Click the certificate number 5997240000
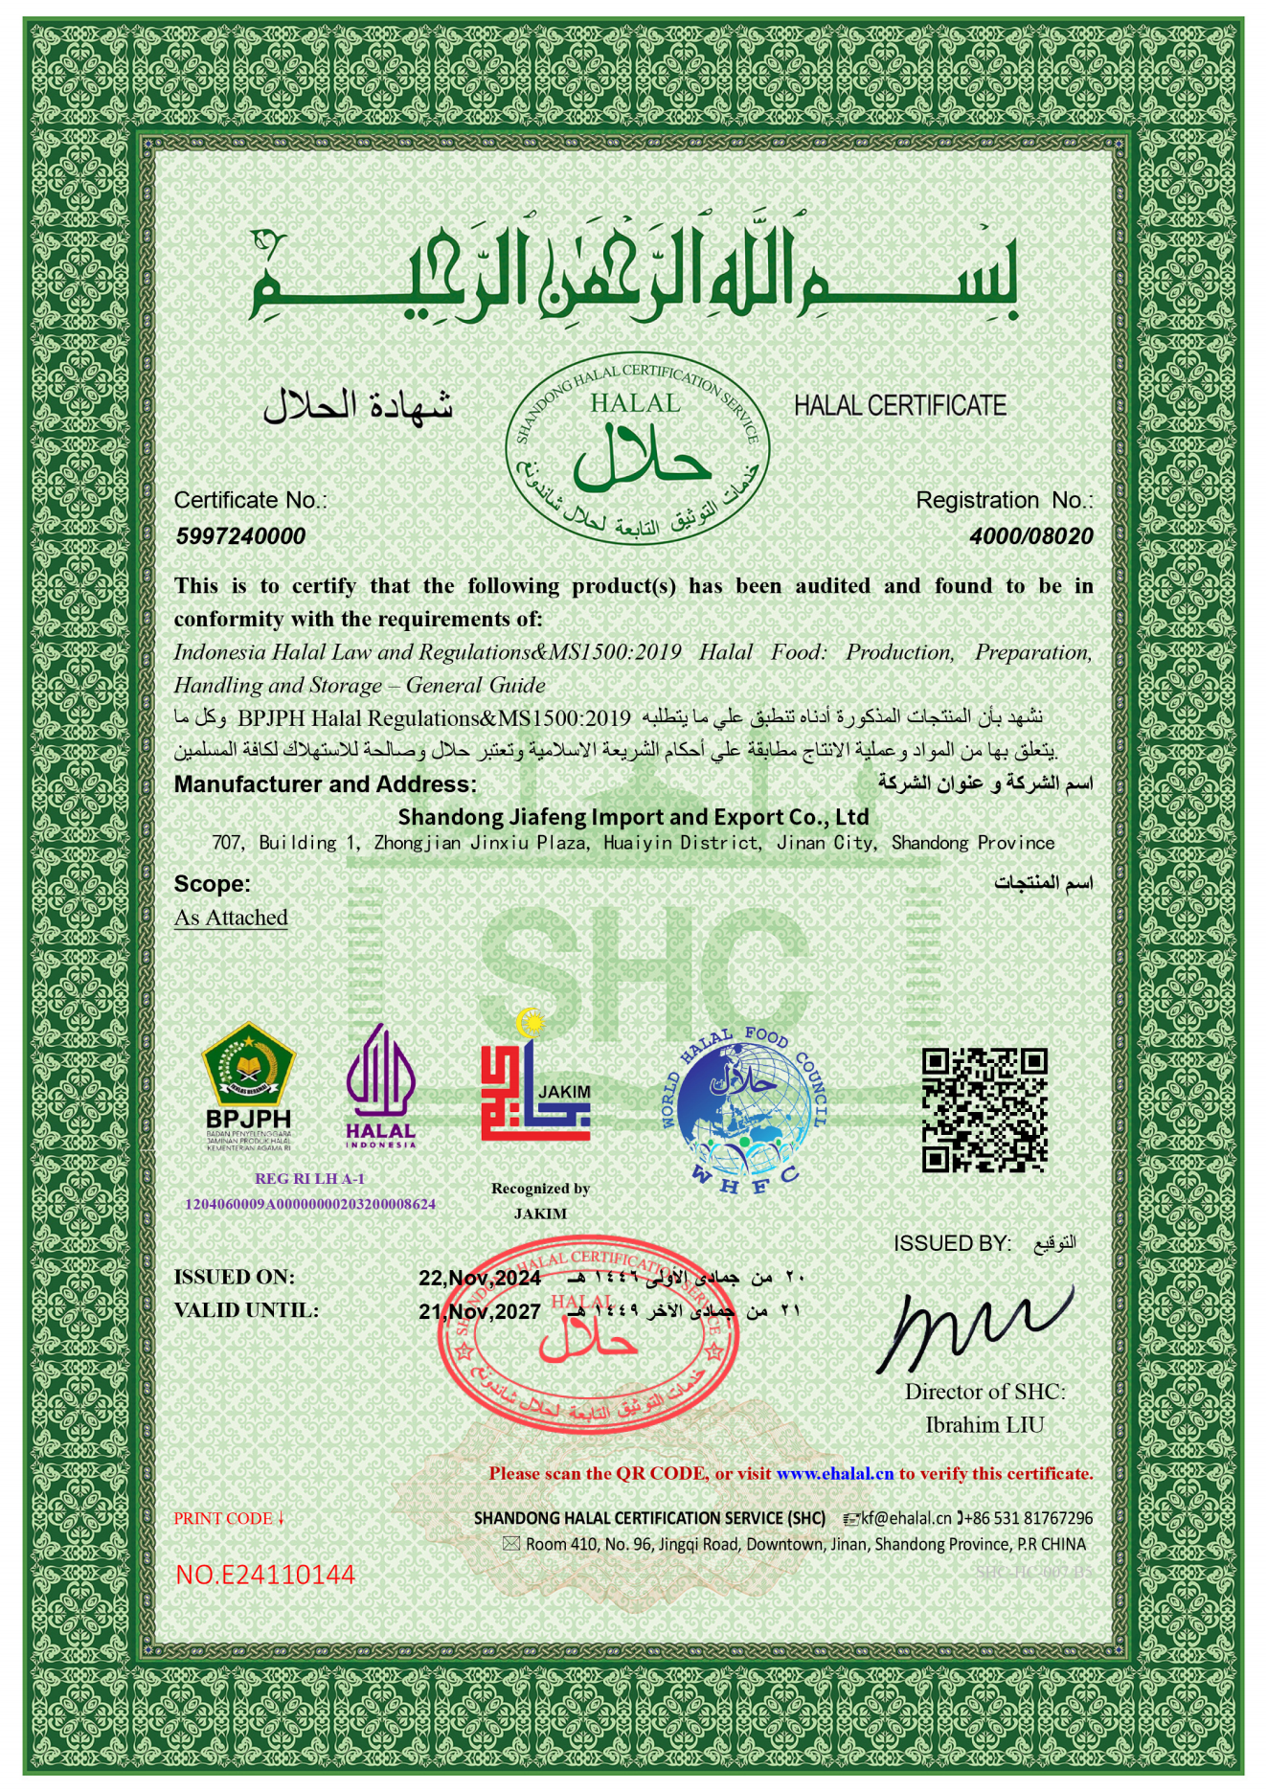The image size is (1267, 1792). [x=240, y=536]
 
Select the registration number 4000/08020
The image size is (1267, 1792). [x=1030, y=536]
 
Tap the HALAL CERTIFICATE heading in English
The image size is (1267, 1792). [x=899, y=406]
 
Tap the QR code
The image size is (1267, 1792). [x=984, y=1110]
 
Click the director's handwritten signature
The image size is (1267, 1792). [x=972, y=1326]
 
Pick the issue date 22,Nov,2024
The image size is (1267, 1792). [x=479, y=1279]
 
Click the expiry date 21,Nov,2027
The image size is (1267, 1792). [x=479, y=1311]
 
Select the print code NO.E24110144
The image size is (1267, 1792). [x=265, y=1575]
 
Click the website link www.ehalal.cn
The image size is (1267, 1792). [x=834, y=1473]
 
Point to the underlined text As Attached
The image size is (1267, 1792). [x=231, y=918]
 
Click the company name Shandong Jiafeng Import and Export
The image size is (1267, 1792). [x=633, y=817]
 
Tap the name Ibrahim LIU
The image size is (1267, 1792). [x=984, y=1424]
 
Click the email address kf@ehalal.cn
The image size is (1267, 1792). [x=905, y=1518]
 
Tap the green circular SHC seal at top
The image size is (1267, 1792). [x=637, y=448]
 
